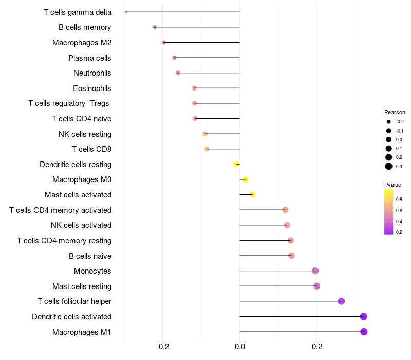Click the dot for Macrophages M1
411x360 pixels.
coord(364,332)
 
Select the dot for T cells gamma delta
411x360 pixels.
coord(126,12)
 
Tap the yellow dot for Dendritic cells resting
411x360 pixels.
coord(236,164)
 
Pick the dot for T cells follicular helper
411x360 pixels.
coord(341,301)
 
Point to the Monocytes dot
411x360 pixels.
coord(315,271)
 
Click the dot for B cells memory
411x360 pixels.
coord(155,27)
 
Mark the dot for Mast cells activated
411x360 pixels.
coord(252,194)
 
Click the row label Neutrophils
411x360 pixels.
coord(92,73)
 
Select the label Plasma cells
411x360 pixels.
coord(90,58)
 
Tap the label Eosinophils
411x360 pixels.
coord(92,88)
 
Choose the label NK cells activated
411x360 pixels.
coord(81,225)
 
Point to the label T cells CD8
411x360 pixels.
coord(91,149)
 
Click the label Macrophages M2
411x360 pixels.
coord(82,43)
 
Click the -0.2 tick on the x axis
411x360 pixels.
coord(163,347)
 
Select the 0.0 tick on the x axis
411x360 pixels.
coord(240,347)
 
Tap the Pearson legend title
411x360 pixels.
coord(395,112)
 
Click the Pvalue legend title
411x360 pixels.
coord(393,185)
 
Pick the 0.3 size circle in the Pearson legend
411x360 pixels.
coord(389,166)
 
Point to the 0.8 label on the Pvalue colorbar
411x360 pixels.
coord(399,199)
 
